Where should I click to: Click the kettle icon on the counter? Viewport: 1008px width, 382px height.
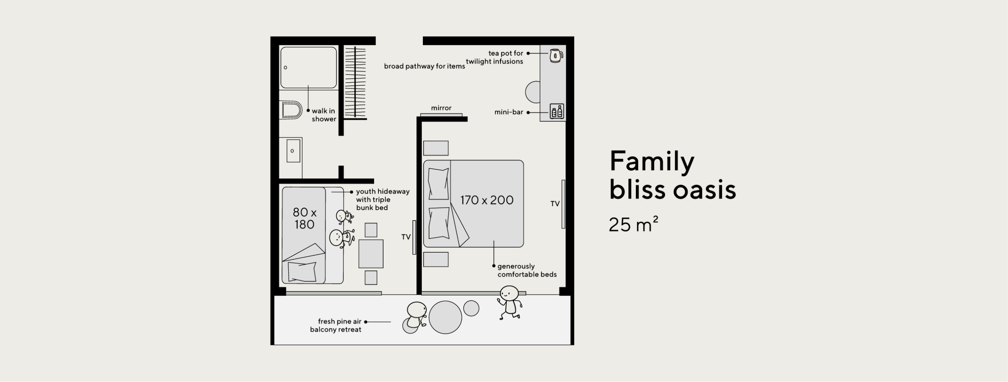point(556,56)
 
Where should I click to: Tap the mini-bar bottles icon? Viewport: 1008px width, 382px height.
point(557,111)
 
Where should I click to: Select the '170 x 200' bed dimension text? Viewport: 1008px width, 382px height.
point(487,200)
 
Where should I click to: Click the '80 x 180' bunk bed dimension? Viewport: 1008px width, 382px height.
point(304,218)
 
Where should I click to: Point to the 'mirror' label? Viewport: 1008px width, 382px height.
point(441,108)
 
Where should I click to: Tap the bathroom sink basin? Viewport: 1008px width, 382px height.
point(293,151)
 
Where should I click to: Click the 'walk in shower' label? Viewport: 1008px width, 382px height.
point(324,115)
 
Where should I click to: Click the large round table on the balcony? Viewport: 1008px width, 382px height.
point(445,317)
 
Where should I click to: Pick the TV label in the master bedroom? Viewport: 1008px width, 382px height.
point(555,204)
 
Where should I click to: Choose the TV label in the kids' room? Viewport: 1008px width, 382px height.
point(406,237)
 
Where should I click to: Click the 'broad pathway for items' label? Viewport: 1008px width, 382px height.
point(424,66)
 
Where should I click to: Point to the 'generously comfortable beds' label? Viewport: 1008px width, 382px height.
point(527,270)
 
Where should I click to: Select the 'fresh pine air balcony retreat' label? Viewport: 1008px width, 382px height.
point(336,325)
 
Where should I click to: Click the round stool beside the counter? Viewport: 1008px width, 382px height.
point(533,92)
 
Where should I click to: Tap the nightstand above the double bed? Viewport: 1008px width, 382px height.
point(436,148)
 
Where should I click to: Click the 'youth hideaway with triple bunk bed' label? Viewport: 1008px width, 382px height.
point(383,199)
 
